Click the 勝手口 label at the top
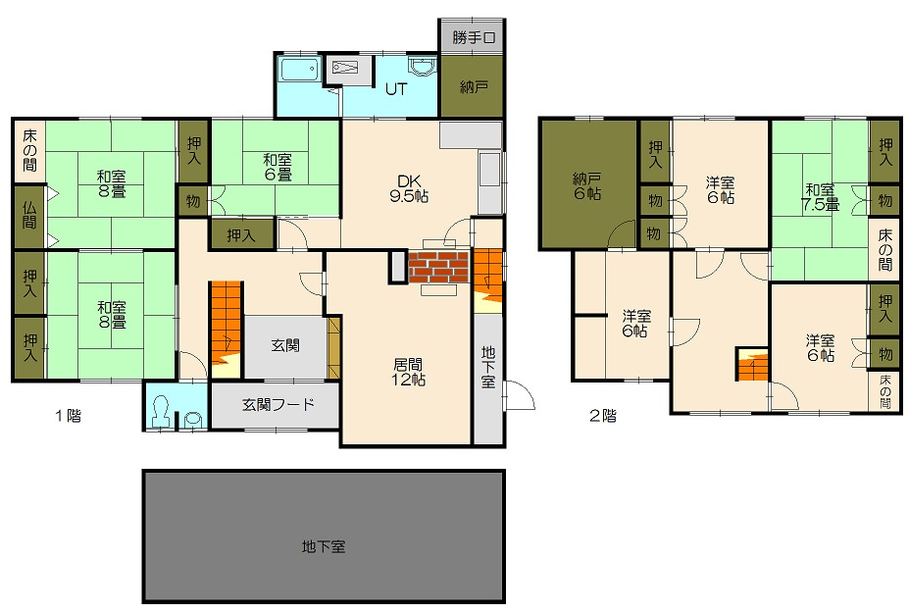[475, 37]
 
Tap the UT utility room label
[396, 89]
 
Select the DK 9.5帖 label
[409, 188]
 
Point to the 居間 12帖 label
[408, 372]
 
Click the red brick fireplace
[438, 268]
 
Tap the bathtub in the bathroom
[300, 72]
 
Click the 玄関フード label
[278, 404]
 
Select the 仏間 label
[29, 215]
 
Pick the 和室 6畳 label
[278, 167]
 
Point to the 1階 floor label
[68, 416]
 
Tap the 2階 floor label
[603, 416]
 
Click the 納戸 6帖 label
[587, 186]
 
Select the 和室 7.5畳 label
[820, 197]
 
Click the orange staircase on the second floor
[752, 364]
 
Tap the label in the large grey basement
[324, 546]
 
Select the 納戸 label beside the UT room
[474, 87]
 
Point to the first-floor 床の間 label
[29, 150]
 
